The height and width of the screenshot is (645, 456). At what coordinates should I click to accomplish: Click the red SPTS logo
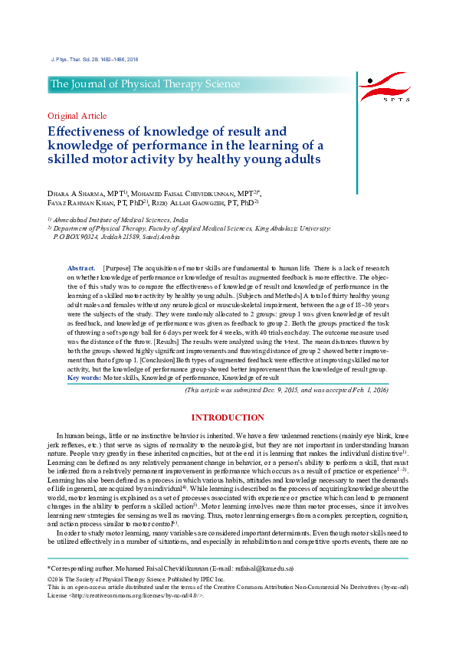(385, 87)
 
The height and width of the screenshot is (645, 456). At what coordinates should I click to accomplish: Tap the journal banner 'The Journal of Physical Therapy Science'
(146, 84)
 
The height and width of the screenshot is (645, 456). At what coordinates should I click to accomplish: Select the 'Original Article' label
(77, 116)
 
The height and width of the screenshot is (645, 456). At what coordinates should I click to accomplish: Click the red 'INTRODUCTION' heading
(228, 417)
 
